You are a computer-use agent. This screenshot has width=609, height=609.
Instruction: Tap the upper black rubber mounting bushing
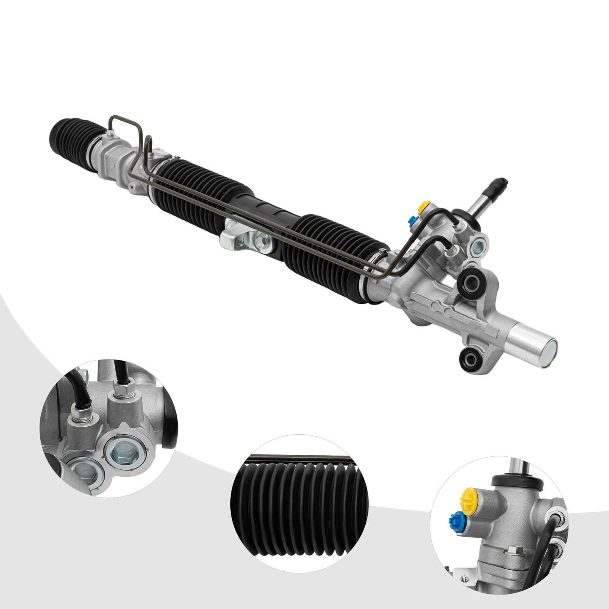[x=471, y=282]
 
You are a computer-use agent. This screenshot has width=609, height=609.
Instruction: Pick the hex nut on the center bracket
[x=261, y=241]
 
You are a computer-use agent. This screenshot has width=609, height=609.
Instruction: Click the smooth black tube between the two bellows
[x=266, y=209]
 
